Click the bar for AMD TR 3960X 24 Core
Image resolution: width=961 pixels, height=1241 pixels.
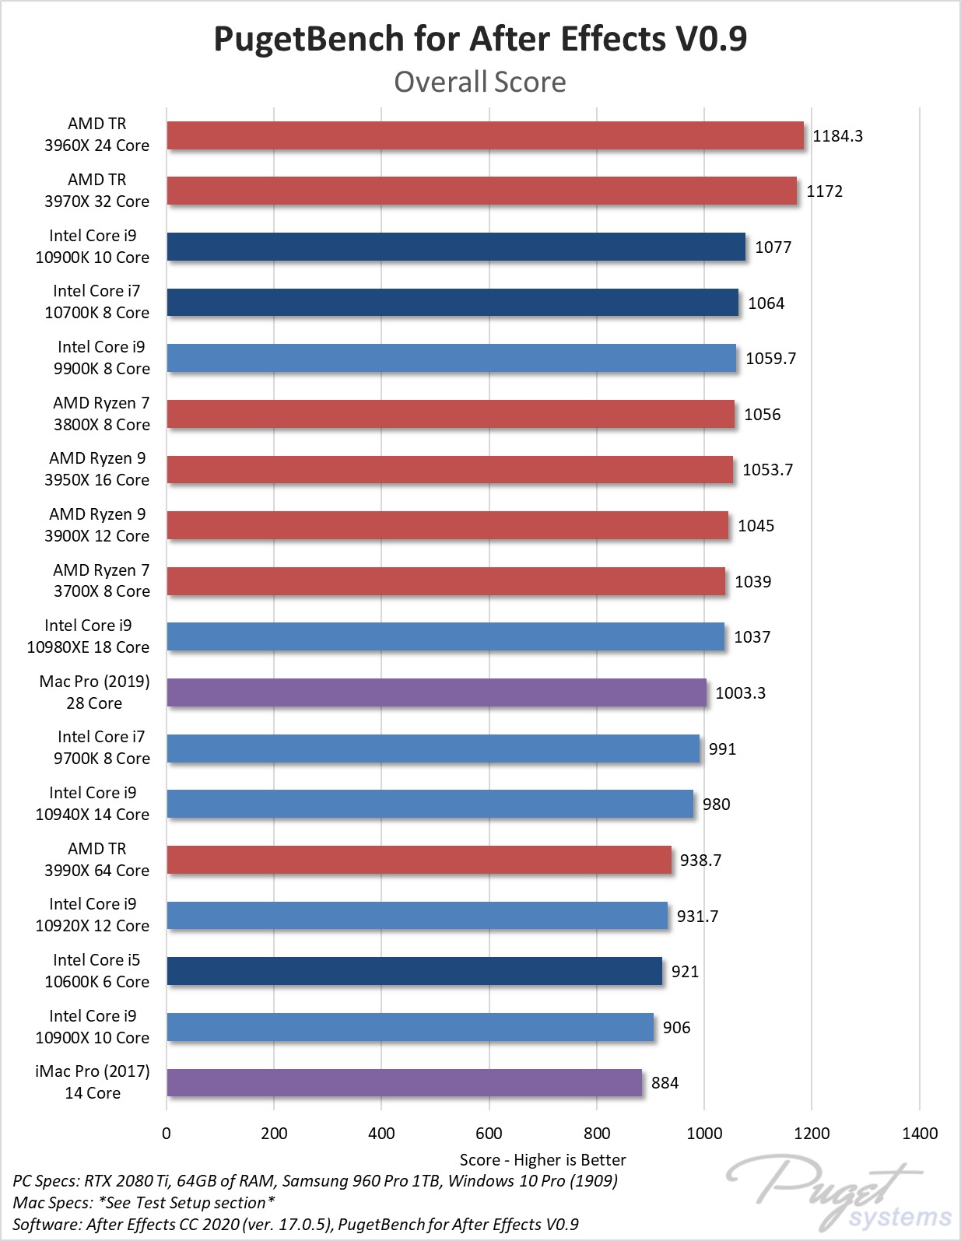[x=485, y=135]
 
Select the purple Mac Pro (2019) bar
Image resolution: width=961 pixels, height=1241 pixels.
[x=437, y=692]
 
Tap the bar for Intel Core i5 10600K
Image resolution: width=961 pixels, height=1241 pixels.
[x=414, y=971]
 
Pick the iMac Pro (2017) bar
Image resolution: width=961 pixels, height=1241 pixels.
[x=404, y=1083]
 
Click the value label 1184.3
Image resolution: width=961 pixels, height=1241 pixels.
[x=837, y=136]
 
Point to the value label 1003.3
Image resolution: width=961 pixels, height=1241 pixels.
[x=740, y=693]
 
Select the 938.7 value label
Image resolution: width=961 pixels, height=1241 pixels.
[x=700, y=861]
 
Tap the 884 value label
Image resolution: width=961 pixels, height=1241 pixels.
[x=665, y=1083]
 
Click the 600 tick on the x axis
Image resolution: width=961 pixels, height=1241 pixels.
[x=489, y=1134]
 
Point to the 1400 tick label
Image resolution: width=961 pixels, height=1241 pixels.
[x=920, y=1134]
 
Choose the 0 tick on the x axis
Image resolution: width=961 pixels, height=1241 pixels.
[x=167, y=1134]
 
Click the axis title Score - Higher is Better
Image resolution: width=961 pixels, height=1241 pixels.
[x=542, y=1160]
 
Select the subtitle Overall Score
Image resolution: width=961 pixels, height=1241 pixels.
[x=480, y=82]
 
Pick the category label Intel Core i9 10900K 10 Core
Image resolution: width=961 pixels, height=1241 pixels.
[x=93, y=247]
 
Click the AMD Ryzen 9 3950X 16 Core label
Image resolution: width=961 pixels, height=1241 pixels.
[x=96, y=469]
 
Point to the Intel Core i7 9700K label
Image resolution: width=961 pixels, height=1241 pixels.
[x=101, y=748]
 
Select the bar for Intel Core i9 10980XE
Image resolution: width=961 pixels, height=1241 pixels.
[x=445, y=636]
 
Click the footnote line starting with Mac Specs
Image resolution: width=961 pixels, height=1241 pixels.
[x=144, y=1203]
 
